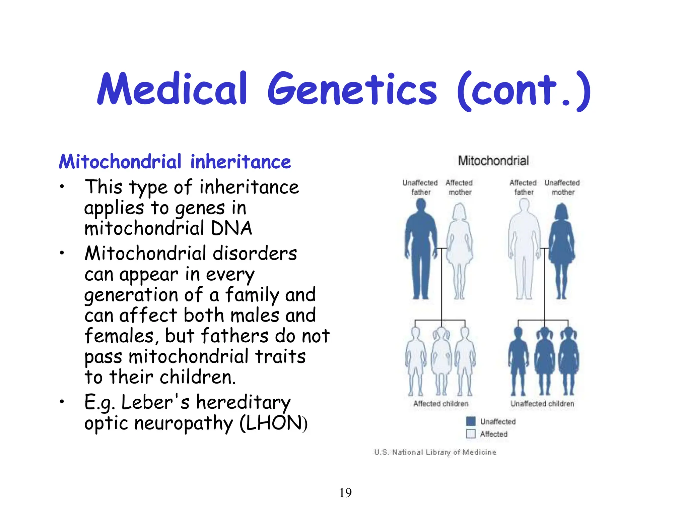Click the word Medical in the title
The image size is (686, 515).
pyautogui.click(x=173, y=89)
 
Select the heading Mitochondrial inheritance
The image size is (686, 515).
pyautogui.click(x=175, y=162)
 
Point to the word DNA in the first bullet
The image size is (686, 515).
pyautogui.click(x=231, y=229)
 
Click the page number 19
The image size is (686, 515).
pyautogui.click(x=345, y=493)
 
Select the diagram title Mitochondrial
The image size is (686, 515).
pyautogui.click(x=493, y=161)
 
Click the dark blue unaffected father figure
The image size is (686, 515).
pyautogui.click(x=421, y=248)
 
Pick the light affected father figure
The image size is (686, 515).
pyautogui.click(x=524, y=248)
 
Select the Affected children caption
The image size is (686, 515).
pyautogui.click(x=441, y=404)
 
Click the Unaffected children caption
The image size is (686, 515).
pyautogui.click(x=542, y=404)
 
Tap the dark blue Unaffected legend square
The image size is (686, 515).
pyautogui.click(x=471, y=421)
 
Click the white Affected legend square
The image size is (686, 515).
pyautogui.click(x=471, y=434)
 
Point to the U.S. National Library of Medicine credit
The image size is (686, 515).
pyautogui.click(x=435, y=452)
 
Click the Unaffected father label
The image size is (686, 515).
pyautogui.click(x=420, y=187)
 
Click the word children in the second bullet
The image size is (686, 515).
pyautogui.click(x=197, y=377)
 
